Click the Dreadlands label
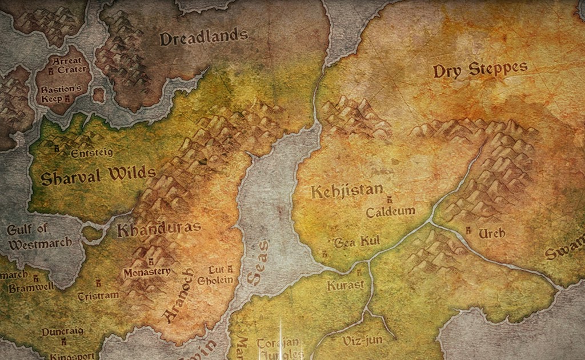click(203, 38)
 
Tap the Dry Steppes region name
click(480, 70)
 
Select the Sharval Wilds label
click(98, 175)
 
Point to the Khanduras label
click(159, 229)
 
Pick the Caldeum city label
click(391, 211)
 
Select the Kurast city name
click(345, 285)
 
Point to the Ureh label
click(491, 234)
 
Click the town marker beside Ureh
click(468, 231)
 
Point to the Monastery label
click(147, 272)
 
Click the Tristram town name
click(99, 295)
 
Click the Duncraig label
click(62, 331)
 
